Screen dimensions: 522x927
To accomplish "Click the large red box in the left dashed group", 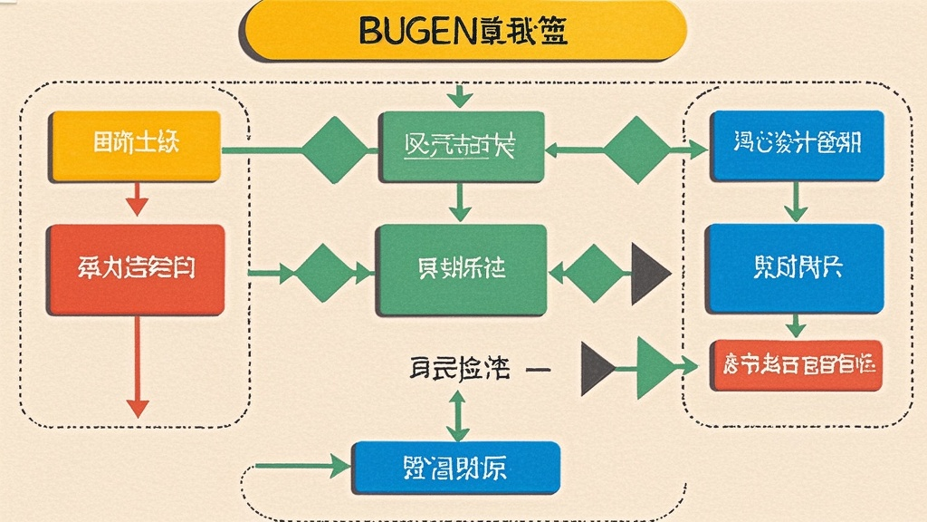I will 137,269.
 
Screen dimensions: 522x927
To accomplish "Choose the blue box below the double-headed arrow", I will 455,468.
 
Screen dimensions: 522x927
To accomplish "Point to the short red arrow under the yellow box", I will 137,198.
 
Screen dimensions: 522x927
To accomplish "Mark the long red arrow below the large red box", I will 137,367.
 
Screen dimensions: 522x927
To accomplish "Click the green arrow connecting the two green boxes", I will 460,201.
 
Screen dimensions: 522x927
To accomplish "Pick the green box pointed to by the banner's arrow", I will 460,147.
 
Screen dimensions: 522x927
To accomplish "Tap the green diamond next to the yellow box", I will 334,148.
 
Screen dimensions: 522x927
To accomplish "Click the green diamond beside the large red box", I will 322,270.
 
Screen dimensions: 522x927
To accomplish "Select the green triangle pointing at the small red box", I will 654,366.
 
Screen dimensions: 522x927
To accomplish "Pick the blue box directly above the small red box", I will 794,269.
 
